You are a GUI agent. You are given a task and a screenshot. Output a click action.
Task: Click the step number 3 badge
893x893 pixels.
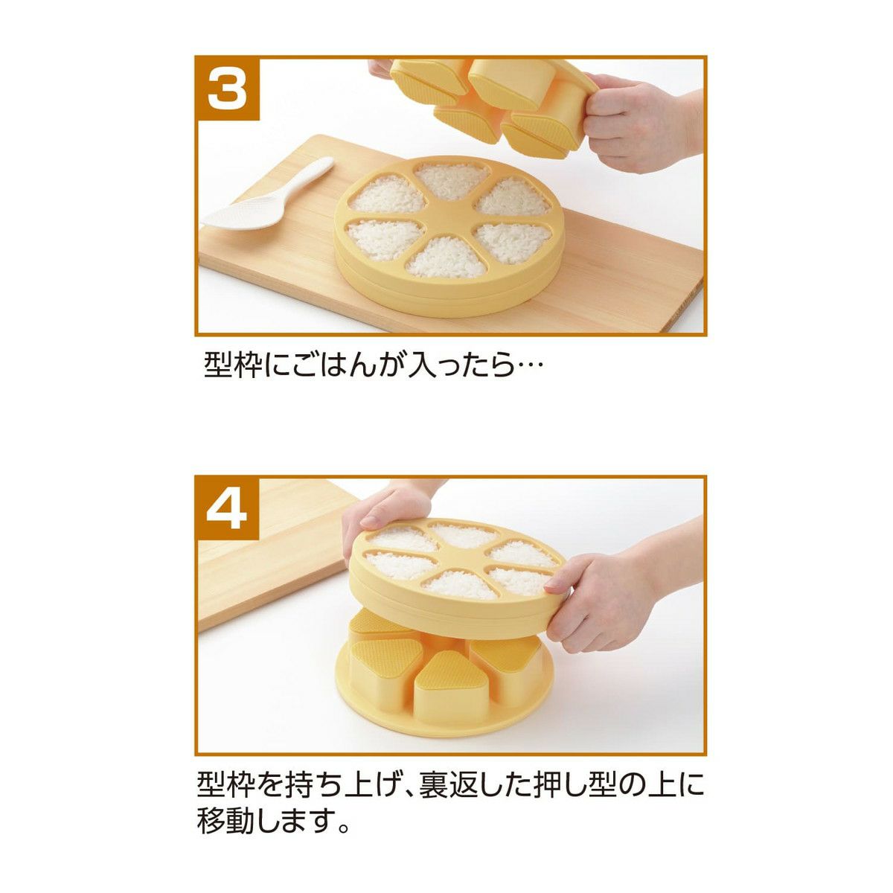pyautogui.click(x=227, y=89)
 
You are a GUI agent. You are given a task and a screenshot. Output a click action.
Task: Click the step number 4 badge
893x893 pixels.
pyautogui.click(x=227, y=509)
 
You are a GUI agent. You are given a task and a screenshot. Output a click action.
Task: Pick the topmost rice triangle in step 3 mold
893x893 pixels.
pyautogui.click(x=449, y=180)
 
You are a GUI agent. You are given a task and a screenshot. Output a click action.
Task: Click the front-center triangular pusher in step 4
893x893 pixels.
pyautogui.click(x=445, y=691)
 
